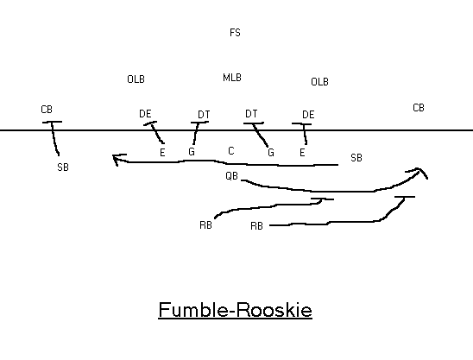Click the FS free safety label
235,33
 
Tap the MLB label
232,78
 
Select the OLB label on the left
136,79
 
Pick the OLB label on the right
319,82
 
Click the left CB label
47,110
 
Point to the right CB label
419,108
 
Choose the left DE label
145,114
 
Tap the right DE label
308,115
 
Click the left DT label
204,115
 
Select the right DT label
251,114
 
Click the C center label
231,151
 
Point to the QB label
231,175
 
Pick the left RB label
205,225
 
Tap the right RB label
256,225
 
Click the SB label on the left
63,167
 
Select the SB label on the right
356,157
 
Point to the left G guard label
192,151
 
